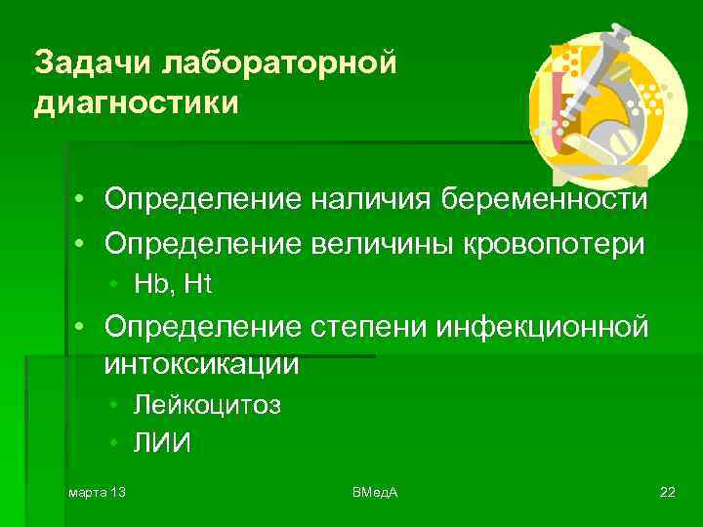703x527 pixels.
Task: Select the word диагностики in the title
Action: tap(136, 102)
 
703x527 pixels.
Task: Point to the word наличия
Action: tap(372, 200)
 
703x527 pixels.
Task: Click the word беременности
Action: tap(544, 200)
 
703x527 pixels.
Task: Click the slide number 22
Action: tap(667, 490)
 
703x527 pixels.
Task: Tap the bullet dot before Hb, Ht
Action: tap(114, 285)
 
